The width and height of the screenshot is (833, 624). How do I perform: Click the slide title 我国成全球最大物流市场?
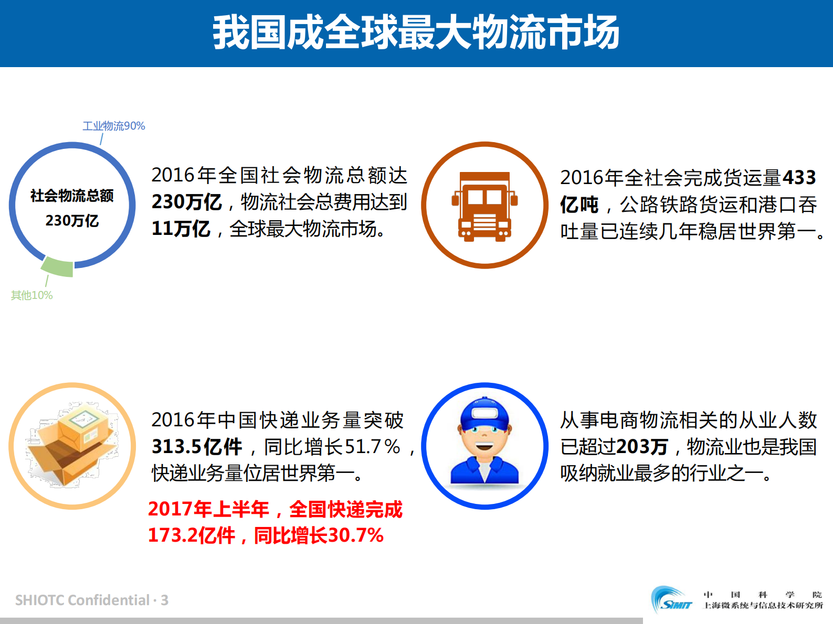click(x=416, y=33)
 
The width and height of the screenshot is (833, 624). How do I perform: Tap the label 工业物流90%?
click(x=113, y=126)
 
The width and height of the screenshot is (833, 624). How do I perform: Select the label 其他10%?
click(x=31, y=295)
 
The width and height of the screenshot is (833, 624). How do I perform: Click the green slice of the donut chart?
click(x=58, y=267)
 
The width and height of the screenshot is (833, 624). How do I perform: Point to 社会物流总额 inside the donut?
click(x=72, y=196)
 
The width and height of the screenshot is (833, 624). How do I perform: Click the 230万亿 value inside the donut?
click(x=72, y=220)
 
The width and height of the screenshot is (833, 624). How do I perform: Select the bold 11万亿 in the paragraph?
click(x=181, y=229)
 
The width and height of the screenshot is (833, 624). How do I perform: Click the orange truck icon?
click(x=484, y=206)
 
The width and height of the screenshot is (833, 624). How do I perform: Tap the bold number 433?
click(x=799, y=177)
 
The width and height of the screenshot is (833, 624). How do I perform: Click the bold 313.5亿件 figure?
click(x=197, y=447)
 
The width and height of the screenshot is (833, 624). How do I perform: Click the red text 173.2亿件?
click(x=191, y=535)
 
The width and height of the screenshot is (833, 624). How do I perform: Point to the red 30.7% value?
click(x=356, y=535)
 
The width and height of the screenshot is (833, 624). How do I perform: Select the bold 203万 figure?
click(x=642, y=447)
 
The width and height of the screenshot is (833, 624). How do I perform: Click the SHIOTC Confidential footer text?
click(x=92, y=600)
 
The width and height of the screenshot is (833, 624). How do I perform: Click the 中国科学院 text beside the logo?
click(x=762, y=595)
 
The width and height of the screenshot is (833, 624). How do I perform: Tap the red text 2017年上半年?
click(x=208, y=509)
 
